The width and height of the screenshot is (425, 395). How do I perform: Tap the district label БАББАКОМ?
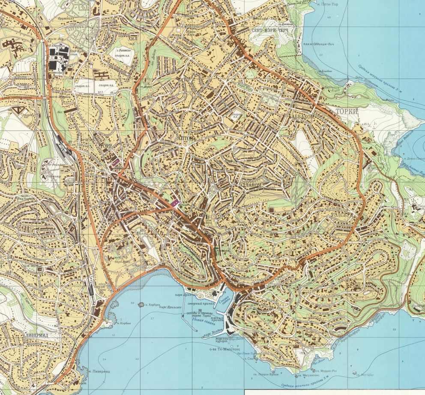coord(302,116)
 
